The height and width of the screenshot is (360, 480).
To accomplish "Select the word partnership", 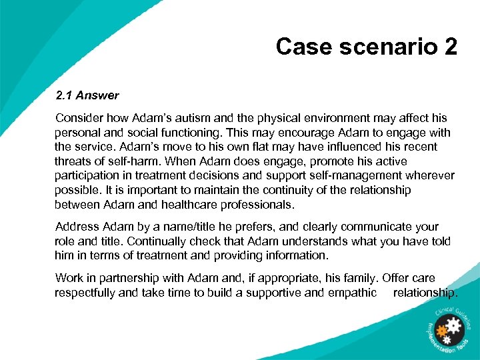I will (131, 278).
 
